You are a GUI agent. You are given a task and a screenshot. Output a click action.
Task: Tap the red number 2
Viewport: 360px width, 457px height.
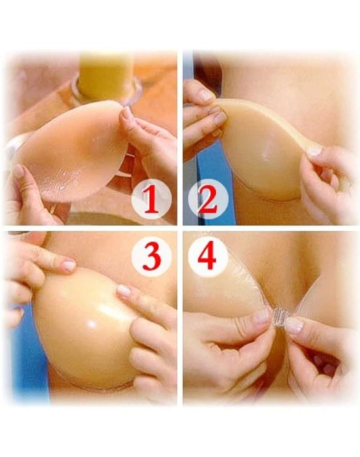207,199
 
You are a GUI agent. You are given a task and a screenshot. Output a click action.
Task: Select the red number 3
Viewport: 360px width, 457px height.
152,257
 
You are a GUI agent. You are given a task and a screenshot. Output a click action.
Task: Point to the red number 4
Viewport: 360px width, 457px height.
207,257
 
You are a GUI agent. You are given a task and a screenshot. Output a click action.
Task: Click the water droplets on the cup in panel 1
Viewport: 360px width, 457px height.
69,180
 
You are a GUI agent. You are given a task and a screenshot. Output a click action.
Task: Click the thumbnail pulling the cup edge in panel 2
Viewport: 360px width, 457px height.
315,152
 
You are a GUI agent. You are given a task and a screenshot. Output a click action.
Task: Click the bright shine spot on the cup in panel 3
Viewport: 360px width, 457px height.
93,324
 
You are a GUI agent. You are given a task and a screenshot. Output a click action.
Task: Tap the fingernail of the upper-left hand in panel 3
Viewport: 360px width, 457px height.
69,265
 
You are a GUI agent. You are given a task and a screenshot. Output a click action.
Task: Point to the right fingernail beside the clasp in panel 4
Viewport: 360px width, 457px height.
295,326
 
